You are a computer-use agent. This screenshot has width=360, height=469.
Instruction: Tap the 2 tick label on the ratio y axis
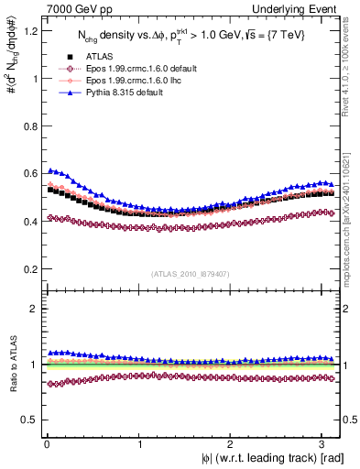click(x=27, y=309)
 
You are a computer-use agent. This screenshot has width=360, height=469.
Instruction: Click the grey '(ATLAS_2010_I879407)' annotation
click(x=191, y=273)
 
